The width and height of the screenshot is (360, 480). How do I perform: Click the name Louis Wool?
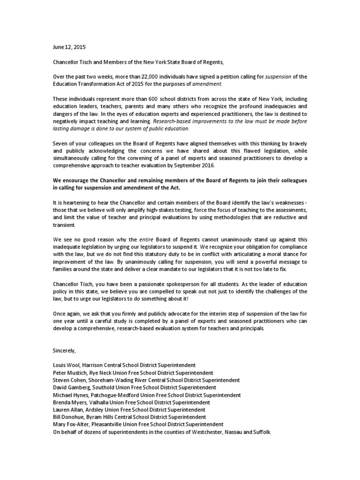tap(63, 365)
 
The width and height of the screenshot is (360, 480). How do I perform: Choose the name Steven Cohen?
tap(67, 380)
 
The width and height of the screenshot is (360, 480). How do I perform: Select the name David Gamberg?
tap(68, 387)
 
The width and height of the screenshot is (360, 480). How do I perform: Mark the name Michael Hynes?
tap(68, 395)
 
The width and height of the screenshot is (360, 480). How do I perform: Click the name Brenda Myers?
tap(67, 402)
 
